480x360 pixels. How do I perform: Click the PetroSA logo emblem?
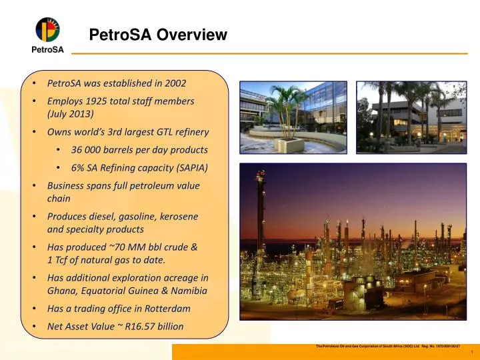[47, 29]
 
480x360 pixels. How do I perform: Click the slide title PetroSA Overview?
[159, 35]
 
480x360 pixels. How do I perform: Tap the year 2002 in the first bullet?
[175, 83]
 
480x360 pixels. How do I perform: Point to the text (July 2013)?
[71, 114]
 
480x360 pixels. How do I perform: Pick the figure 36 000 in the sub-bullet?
[88, 150]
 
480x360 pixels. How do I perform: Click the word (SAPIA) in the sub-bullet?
[191, 167]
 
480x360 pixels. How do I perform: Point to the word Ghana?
[61, 291]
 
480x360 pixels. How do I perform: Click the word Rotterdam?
[166, 309]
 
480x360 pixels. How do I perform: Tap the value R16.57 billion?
[154, 327]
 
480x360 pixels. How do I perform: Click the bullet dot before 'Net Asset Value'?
[34, 327]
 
